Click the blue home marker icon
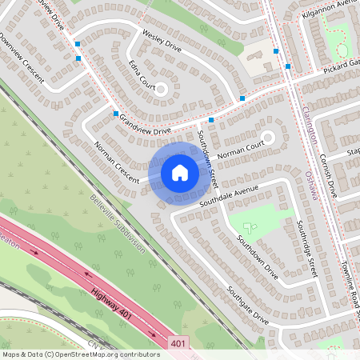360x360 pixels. click(180, 172)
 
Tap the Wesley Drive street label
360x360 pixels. click(162, 42)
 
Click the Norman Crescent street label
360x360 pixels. click(116, 160)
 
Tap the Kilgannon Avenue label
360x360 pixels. click(328, 5)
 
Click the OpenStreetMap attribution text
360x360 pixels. click(81, 354)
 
